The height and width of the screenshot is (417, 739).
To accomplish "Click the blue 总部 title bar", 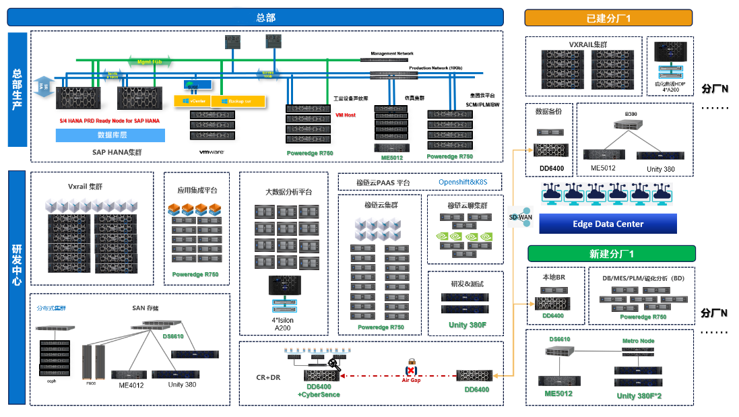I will pos(265,18).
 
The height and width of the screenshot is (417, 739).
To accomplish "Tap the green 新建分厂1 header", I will pos(611,254).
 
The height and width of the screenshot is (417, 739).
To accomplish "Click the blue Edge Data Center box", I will pos(608,224).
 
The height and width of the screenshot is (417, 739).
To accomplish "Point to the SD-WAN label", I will pos(519,217).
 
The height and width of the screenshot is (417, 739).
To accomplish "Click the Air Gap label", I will pos(411,381).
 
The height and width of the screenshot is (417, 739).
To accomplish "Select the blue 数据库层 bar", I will pos(110,135).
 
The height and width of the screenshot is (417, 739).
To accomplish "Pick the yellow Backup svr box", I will pos(238,100).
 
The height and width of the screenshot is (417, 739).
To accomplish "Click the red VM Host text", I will pos(346,115).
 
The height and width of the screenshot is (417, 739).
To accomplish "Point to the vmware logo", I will pos(211,152).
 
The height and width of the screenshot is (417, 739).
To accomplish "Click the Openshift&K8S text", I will pos(463,182).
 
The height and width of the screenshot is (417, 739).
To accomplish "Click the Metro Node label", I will pos(638,341).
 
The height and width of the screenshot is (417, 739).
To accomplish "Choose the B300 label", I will pos(631,115).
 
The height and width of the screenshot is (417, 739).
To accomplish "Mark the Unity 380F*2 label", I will pos(639,395).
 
